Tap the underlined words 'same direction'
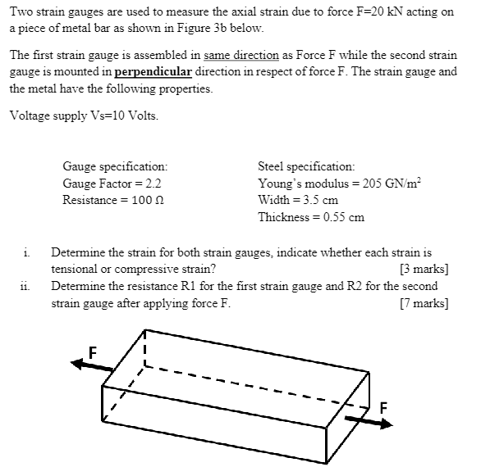pos(237,56)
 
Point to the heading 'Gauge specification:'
pos(115,165)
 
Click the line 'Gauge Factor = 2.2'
pos(112,183)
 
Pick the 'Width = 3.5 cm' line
pos(298,200)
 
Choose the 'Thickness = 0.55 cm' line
pos(311,217)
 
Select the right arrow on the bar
pos(369,421)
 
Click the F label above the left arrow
pos(93,351)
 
